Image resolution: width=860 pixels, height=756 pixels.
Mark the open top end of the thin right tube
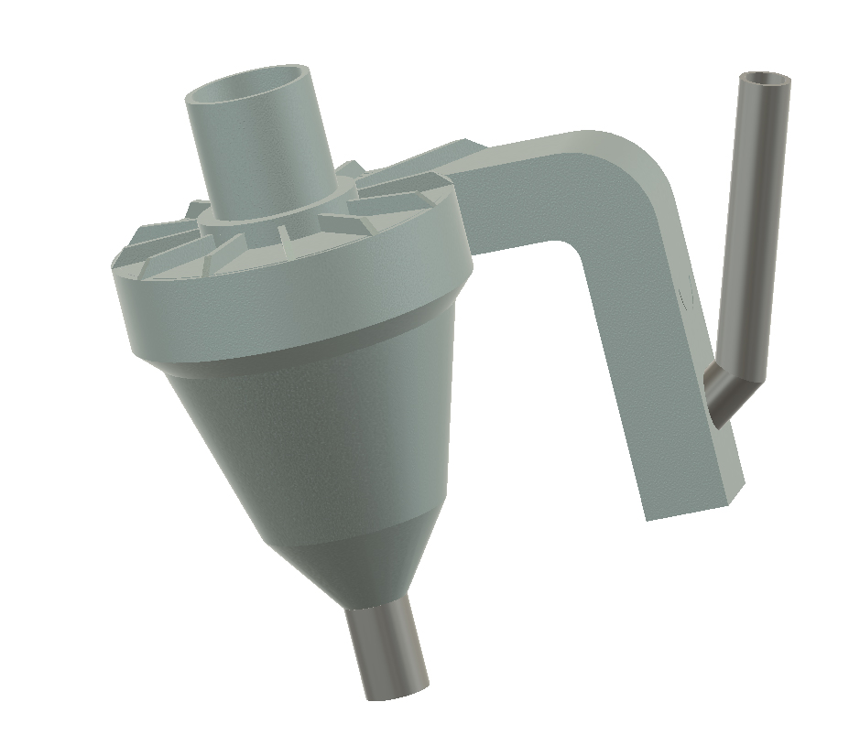click(766, 81)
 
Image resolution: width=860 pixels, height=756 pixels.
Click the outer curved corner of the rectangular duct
click(655, 169)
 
